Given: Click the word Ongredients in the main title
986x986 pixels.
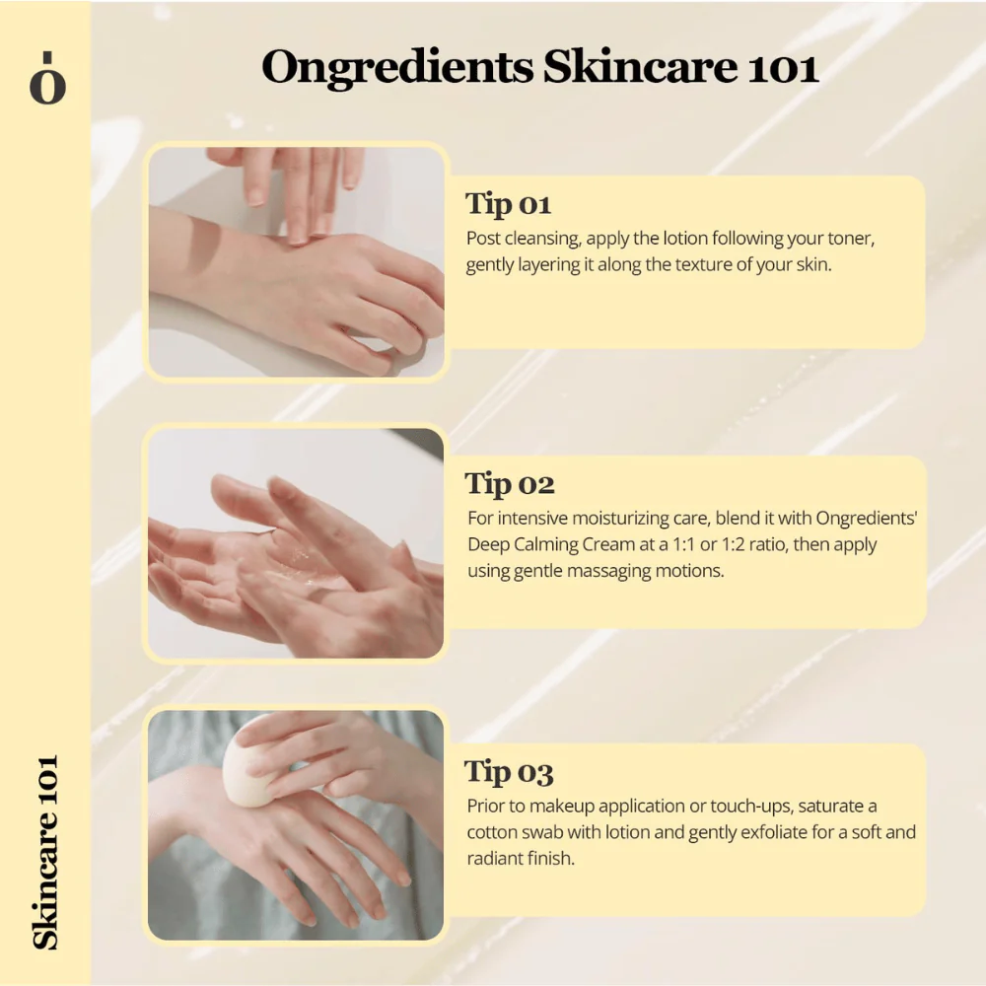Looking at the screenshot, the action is click(x=397, y=67).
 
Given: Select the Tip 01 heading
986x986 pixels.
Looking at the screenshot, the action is click(x=508, y=204).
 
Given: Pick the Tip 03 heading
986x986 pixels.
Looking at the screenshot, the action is click(x=509, y=772).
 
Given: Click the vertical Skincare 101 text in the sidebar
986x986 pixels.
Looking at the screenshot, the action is click(x=46, y=852).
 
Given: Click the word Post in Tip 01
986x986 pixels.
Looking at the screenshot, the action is click(x=483, y=239).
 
